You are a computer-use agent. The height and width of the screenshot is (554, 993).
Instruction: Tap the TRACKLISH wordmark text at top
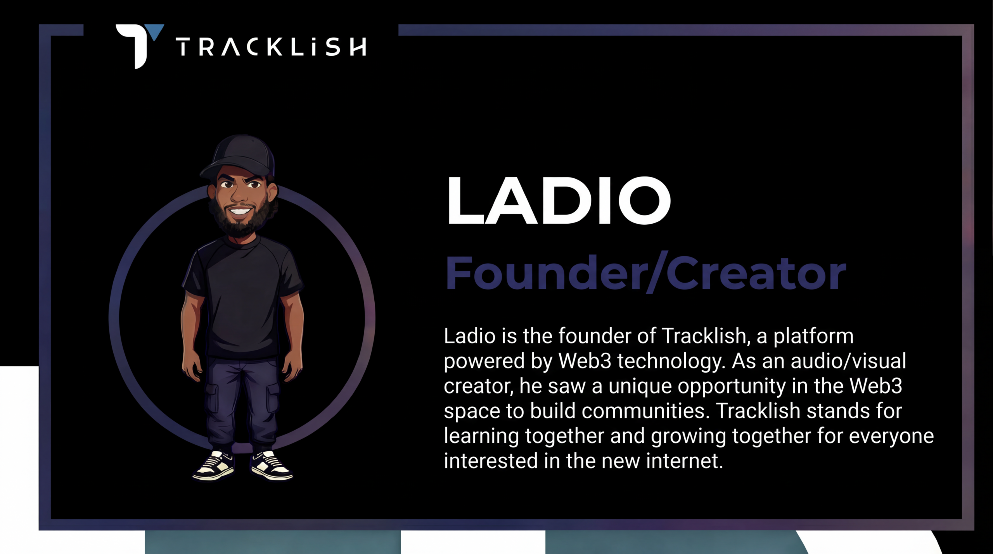click(271, 47)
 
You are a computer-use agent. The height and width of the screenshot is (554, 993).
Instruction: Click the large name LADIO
click(559, 200)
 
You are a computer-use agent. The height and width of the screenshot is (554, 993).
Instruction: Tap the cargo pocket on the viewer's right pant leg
click(272, 397)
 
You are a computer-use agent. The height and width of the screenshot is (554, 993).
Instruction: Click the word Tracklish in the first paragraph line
click(704, 336)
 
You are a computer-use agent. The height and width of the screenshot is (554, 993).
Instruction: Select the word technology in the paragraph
click(671, 362)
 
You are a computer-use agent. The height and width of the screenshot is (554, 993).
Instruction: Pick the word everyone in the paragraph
click(891, 437)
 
